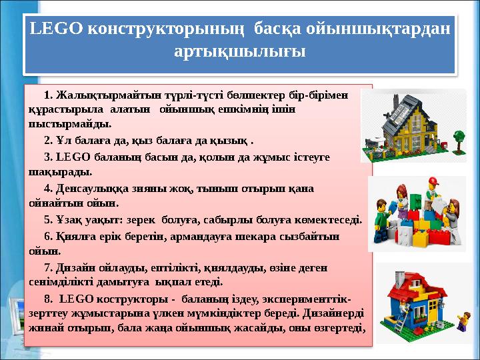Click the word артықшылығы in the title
(239, 51)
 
